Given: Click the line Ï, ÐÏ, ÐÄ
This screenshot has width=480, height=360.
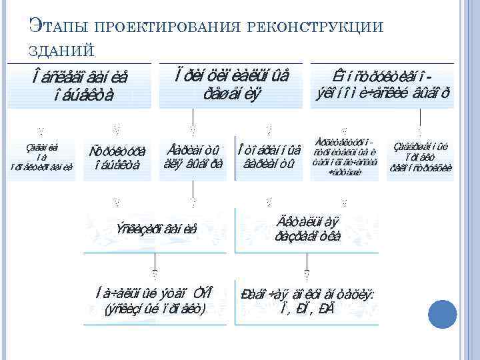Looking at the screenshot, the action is click(305, 309).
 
